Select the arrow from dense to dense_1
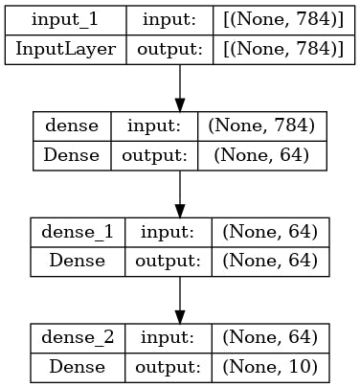[180, 194]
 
